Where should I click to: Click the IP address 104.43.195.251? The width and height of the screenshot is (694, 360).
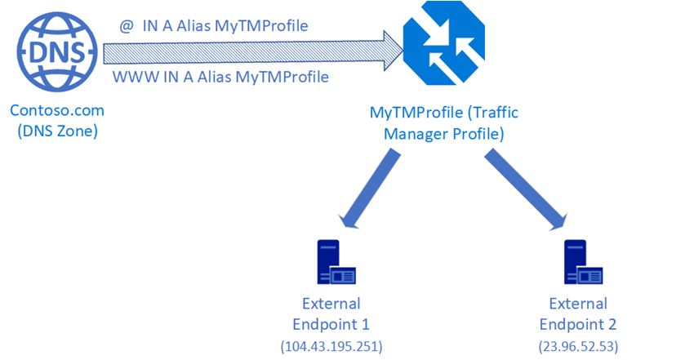pos(331,345)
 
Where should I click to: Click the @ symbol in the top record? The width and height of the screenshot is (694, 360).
pos(126,25)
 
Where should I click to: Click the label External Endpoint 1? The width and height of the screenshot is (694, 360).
pos(330,313)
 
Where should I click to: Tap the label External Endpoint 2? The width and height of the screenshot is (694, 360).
pos(577,313)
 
